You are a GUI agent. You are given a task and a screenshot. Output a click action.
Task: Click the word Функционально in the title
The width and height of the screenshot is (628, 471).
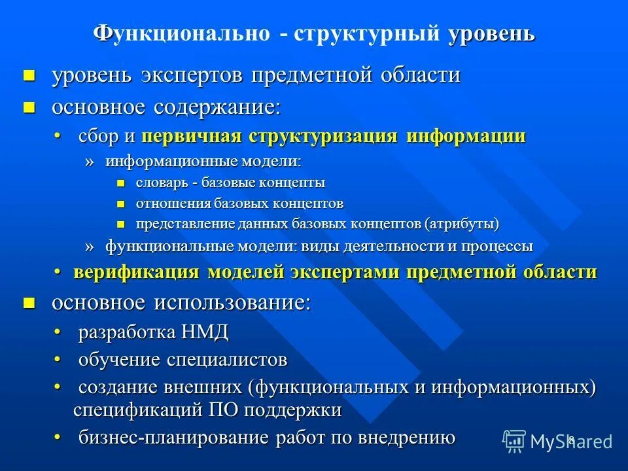[181, 33]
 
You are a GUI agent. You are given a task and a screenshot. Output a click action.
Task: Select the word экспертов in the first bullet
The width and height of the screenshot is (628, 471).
[192, 75]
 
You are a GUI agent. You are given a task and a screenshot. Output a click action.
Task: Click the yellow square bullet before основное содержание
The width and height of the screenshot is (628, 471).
[28, 107]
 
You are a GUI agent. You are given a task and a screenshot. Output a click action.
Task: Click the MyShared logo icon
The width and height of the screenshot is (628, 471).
[514, 442]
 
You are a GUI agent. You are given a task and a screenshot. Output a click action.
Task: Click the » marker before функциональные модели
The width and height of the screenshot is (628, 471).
[90, 247]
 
